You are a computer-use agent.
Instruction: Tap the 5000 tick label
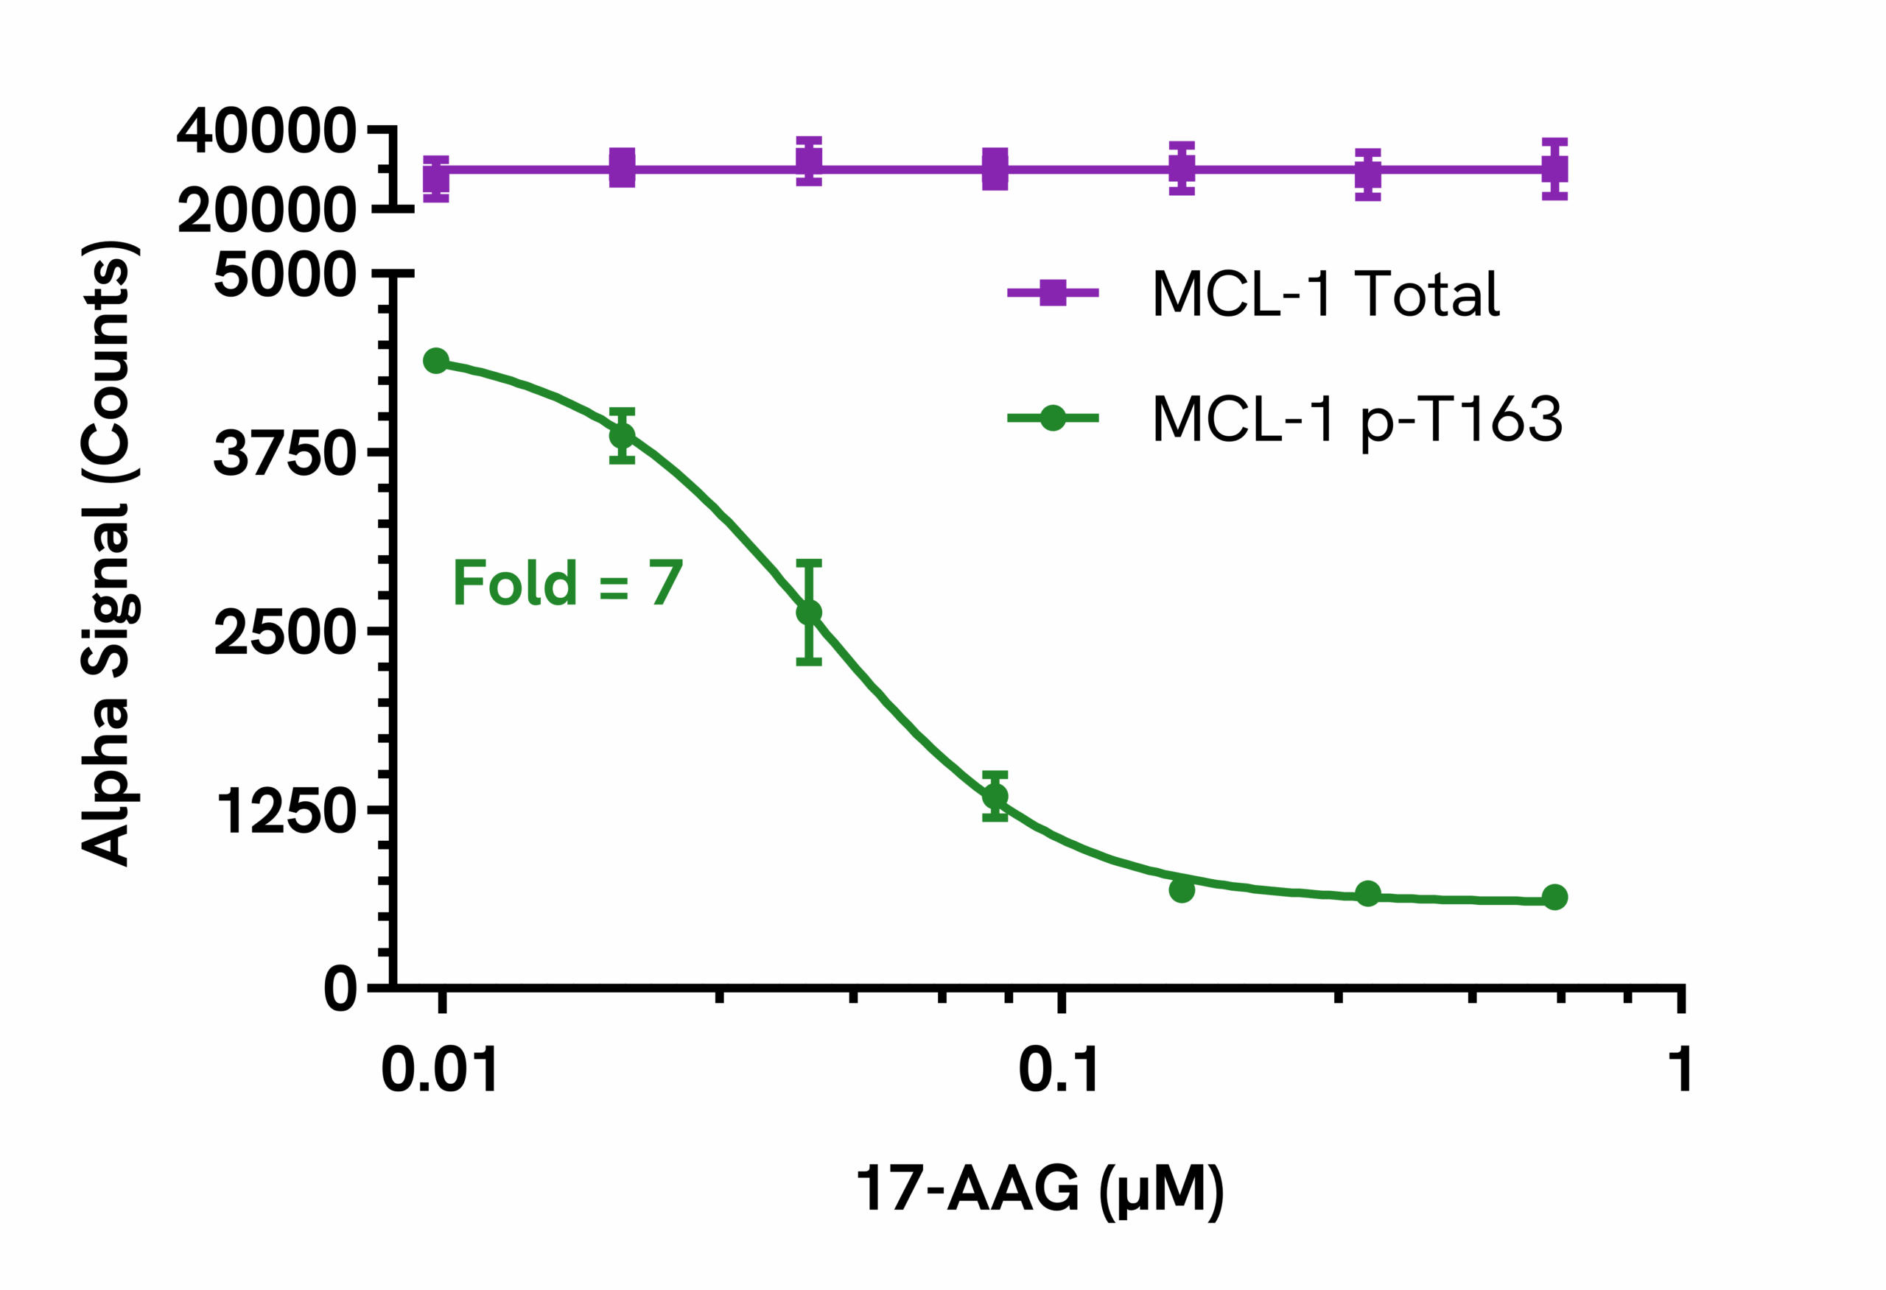284,276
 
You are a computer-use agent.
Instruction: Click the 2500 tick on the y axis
284,632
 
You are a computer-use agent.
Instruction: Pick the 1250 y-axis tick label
286,811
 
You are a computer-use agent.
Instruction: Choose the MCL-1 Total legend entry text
1325,293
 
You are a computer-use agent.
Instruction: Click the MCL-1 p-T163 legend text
1357,419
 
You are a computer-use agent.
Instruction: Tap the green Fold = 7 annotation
567,583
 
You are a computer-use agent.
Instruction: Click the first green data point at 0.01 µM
437,361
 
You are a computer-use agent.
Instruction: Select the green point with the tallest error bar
809,613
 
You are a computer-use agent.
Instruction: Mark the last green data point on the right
1554,898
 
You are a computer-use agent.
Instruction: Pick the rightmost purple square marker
1554,169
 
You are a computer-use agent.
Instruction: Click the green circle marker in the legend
1053,419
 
